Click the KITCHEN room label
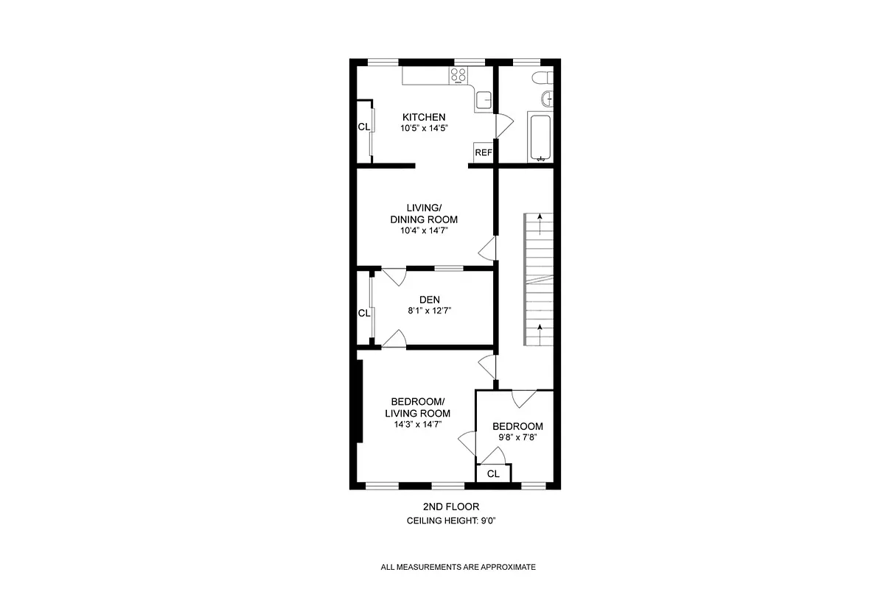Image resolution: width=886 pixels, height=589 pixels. (x=423, y=117)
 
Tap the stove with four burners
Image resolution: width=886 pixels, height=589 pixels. (x=458, y=74)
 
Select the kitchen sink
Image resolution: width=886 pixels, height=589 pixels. (x=483, y=100)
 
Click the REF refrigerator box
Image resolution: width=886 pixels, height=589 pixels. (x=483, y=153)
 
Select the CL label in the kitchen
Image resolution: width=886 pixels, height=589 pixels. (x=363, y=127)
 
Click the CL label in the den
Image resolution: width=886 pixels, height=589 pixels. (x=363, y=313)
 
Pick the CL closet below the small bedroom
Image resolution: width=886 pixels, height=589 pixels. (x=493, y=474)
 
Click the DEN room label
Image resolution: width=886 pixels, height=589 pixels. (x=430, y=299)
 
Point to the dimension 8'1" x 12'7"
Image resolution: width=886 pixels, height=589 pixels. (x=430, y=311)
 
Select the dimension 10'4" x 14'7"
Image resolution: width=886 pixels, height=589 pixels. (x=423, y=230)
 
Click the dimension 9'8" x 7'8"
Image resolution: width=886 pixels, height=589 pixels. (x=517, y=437)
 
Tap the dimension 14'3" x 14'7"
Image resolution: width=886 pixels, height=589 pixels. (x=417, y=424)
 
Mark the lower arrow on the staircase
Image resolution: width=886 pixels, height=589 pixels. (x=540, y=329)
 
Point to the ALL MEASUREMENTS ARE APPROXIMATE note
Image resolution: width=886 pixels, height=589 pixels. (x=458, y=567)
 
